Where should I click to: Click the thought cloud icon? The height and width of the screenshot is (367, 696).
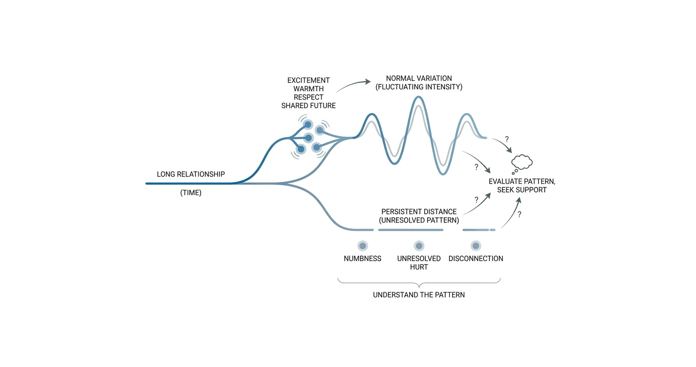click(522, 162)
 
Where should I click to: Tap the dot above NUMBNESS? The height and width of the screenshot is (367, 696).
click(362, 246)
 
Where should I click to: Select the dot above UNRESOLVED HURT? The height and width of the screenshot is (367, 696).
click(419, 246)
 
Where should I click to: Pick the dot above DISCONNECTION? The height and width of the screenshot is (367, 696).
click(476, 246)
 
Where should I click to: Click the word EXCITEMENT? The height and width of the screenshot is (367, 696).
click(308, 81)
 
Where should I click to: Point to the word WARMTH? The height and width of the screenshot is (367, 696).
click(308, 89)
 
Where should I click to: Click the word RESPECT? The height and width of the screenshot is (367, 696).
click(308, 97)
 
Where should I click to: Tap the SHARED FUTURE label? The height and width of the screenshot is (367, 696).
click(308, 105)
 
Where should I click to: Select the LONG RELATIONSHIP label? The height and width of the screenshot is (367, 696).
click(191, 174)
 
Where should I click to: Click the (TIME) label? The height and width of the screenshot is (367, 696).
click(191, 193)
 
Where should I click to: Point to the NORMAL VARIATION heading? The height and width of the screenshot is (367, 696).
click(419, 78)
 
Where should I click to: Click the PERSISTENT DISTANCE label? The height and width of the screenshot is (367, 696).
click(419, 212)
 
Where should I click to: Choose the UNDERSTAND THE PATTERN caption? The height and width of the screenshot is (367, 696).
click(419, 295)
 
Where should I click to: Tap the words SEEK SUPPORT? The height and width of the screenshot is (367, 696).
click(522, 189)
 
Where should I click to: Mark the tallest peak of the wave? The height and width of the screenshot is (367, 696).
click(418, 98)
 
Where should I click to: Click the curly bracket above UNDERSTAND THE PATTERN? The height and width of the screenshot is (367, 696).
click(419, 283)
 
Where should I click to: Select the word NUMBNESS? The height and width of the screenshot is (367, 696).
click(362, 259)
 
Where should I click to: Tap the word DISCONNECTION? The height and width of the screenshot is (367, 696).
click(476, 259)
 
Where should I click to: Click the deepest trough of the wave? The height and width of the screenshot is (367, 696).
click(443, 174)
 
